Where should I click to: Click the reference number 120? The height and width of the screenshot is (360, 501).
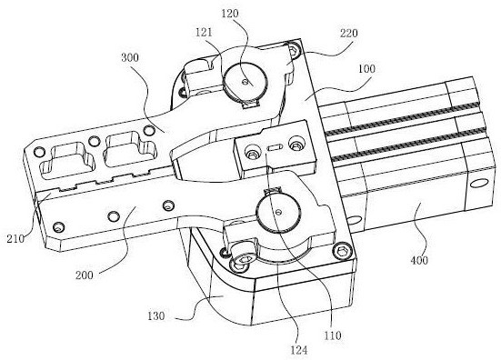pos(230,14)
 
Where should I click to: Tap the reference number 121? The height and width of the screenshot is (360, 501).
pos(204,32)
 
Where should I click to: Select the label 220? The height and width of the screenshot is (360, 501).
pos(348,34)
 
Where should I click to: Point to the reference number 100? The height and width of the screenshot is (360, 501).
pos(366,69)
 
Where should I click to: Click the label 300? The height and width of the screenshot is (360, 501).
pos(130,57)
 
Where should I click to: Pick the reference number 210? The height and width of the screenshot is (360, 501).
pos(15,238)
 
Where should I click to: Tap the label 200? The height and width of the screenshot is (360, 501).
pos(85,275)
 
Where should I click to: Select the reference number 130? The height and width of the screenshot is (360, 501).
pos(155,316)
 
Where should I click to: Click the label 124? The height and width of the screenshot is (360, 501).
pos(299,350)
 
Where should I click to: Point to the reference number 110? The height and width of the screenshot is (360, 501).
pos(333,335)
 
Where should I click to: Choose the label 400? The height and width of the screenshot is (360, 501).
pos(419,260)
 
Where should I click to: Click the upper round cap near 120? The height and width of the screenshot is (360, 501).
pos(245,82)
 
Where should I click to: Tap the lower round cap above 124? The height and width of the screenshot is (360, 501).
pos(279,212)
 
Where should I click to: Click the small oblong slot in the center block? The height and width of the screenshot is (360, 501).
pos(275,147)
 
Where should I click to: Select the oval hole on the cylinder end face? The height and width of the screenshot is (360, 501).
pos(479,184)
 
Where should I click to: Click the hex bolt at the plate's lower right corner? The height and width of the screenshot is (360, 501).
pos(342,250)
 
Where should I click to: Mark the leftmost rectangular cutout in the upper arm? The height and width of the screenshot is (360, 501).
pos(65,160)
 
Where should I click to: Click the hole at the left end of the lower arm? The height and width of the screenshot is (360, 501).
pos(58,227)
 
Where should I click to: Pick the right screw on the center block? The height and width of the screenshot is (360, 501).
pos(296,144)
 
